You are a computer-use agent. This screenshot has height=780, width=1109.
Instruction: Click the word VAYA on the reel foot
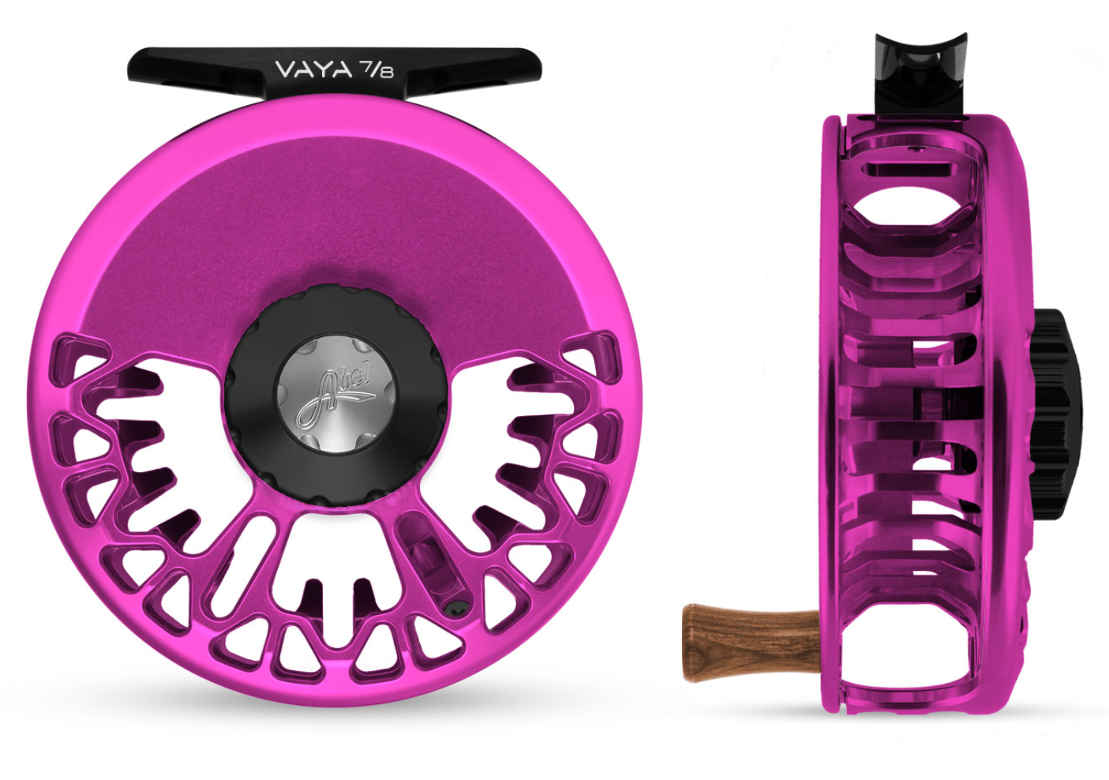click(310, 70)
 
